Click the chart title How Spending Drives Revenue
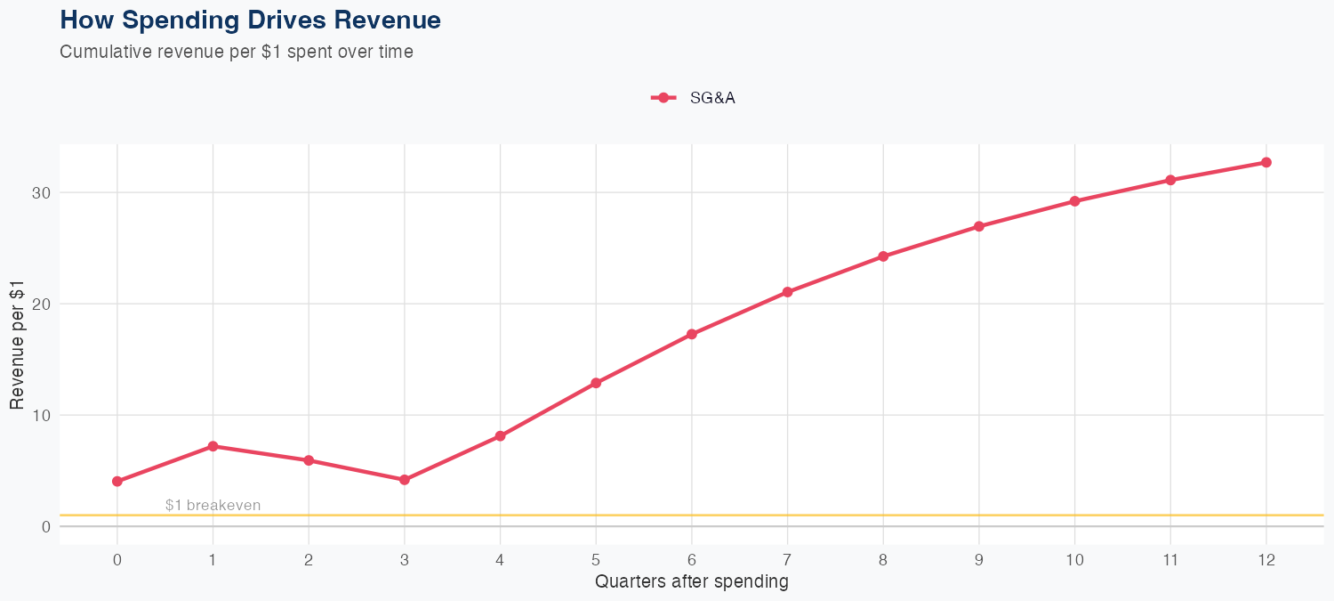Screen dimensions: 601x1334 pyautogui.click(x=250, y=20)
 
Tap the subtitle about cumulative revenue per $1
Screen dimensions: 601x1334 pyautogui.click(x=237, y=52)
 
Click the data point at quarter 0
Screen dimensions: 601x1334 pyautogui.click(x=117, y=481)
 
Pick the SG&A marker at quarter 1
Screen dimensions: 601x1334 pyautogui.click(x=213, y=446)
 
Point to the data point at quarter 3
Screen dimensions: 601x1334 pyautogui.click(x=405, y=480)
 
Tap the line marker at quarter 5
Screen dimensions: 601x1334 pyautogui.click(x=596, y=383)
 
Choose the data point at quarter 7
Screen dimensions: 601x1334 pyautogui.click(x=788, y=292)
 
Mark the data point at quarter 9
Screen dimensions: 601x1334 pyautogui.click(x=979, y=226)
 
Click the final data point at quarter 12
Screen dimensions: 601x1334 pyautogui.click(x=1266, y=162)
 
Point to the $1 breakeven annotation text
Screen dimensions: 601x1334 pyautogui.click(x=213, y=506)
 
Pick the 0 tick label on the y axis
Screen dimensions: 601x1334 pyautogui.click(x=44, y=526)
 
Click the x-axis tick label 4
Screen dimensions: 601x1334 pyautogui.click(x=500, y=560)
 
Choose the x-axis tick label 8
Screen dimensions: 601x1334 pyautogui.click(x=883, y=560)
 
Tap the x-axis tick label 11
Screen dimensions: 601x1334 pyautogui.click(x=1170, y=560)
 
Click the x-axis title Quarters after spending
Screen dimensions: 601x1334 pyautogui.click(x=692, y=582)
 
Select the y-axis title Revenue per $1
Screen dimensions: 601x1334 pyautogui.click(x=17, y=345)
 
